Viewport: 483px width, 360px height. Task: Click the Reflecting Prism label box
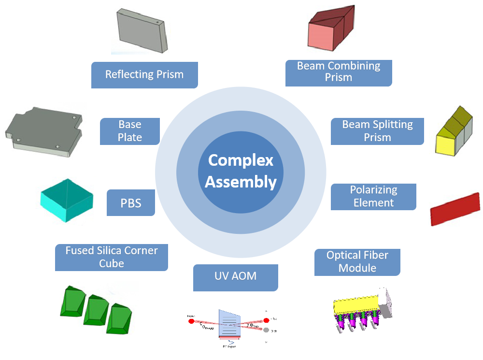[x=144, y=75]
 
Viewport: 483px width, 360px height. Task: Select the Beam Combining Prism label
[x=339, y=72]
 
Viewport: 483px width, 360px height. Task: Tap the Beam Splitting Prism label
[x=377, y=131]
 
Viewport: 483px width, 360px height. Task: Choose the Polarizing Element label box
[x=373, y=197]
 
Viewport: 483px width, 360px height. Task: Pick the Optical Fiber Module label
[x=357, y=262]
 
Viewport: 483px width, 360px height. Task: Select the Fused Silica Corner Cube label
[x=112, y=257]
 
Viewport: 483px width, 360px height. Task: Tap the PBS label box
[x=131, y=202]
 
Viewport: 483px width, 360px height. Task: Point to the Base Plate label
[x=130, y=131]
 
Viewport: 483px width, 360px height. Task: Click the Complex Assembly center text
[x=241, y=171]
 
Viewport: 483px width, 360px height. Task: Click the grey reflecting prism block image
[x=143, y=30]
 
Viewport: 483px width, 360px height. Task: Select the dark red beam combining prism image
[x=332, y=30]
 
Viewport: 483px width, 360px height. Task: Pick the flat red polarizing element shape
[x=455, y=207]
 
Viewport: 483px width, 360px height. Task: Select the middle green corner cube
[x=96, y=309]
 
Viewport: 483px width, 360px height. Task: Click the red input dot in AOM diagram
[x=191, y=320]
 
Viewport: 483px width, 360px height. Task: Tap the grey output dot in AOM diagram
[x=267, y=331]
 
